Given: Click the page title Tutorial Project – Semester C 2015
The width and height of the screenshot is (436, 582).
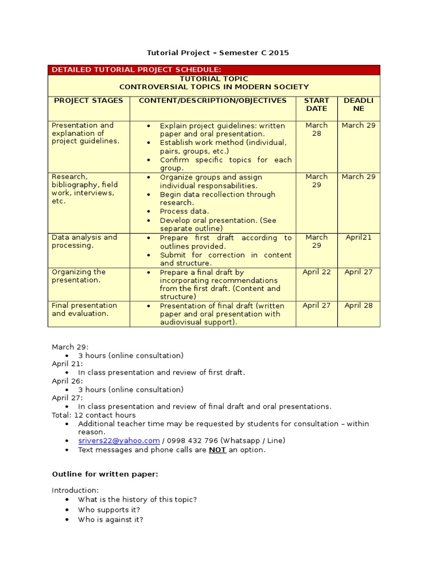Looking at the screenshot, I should tap(218, 53).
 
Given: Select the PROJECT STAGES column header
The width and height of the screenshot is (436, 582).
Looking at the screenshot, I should tap(89, 101).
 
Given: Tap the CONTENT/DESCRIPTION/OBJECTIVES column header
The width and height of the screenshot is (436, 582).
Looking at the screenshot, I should tap(213, 101).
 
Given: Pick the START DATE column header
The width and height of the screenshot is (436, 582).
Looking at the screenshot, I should tap(316, 105).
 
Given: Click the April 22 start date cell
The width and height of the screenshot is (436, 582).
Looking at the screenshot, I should tap(316, 272).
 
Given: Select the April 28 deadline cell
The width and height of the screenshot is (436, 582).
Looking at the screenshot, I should tap(358, 306).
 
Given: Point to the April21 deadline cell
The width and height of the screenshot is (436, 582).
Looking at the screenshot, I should tap(358, 238).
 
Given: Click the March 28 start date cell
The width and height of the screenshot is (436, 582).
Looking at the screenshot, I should tap(316, 129).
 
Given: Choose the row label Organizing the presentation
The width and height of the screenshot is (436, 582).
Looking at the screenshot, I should tap(79, 276).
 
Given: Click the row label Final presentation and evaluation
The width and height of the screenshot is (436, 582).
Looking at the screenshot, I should tap(84, 310).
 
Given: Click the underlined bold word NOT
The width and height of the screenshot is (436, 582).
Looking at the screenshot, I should tap(217, 450).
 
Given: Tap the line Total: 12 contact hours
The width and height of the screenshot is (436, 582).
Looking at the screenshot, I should tap(94, 415).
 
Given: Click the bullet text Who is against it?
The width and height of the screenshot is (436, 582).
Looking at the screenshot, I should tap(111, 519).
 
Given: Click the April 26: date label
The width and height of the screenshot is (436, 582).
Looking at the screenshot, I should tap(67, 381).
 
